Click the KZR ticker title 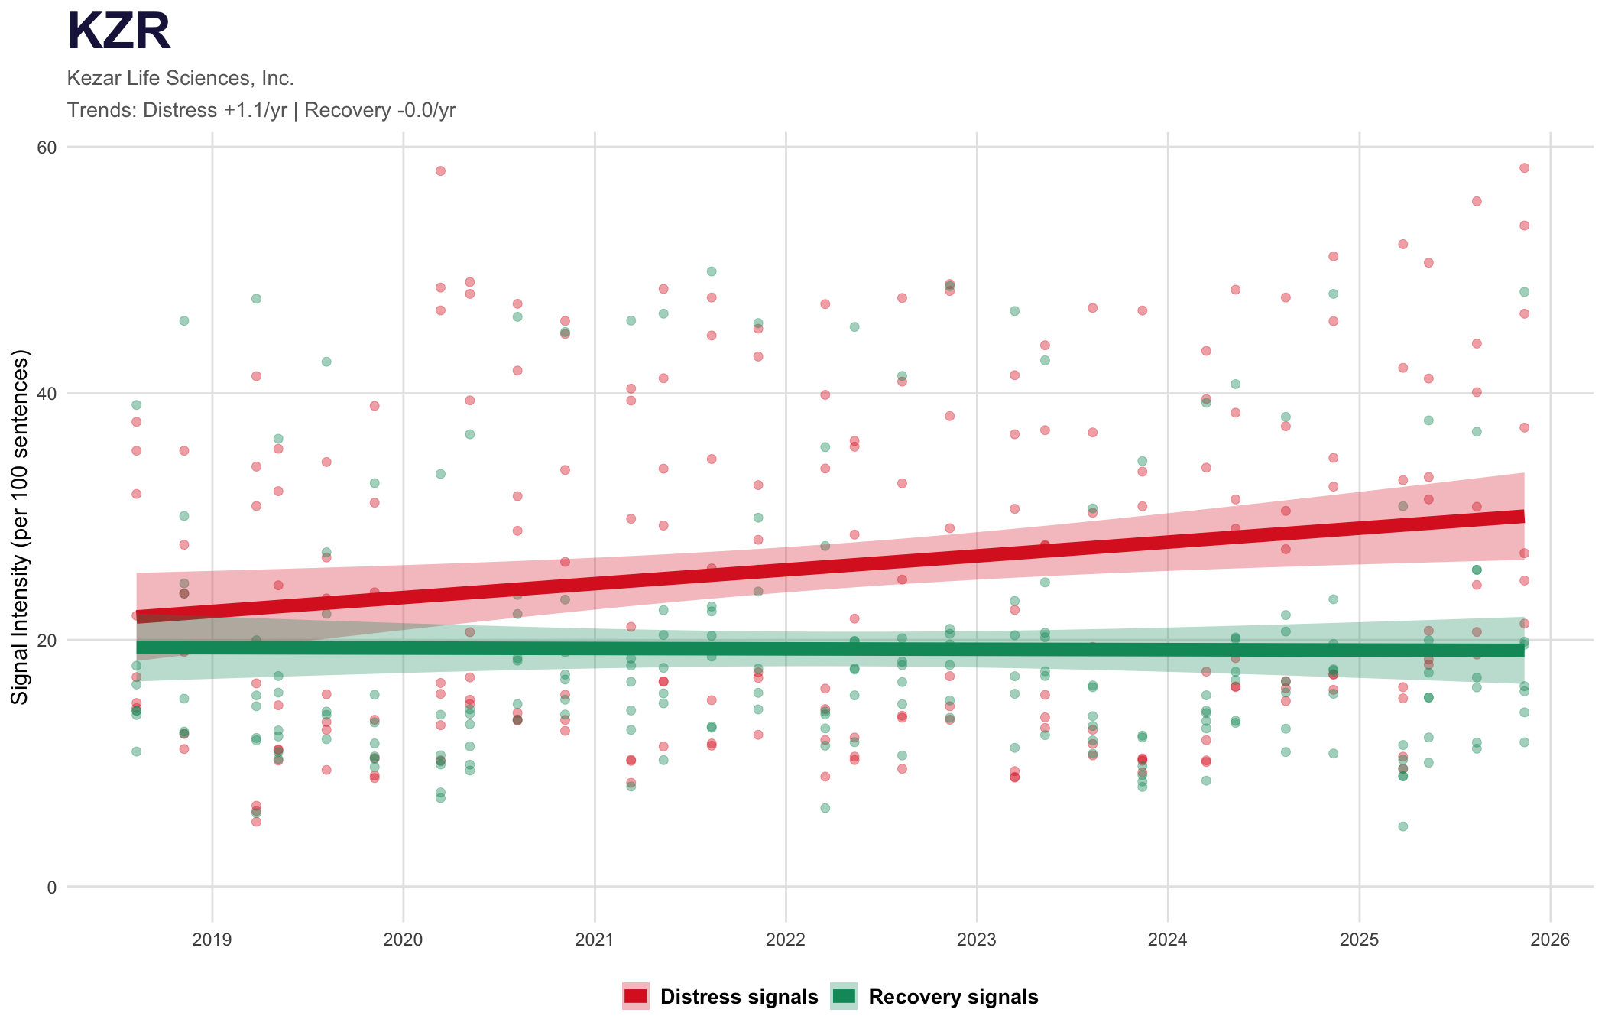pyautogui.click(x=119, y=32)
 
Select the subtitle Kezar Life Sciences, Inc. pyautogui.click(x=180, y=78)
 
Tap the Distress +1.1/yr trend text pyautogui.click(x=215, y=110)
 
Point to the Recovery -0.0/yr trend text pyautogui.click(x=380, y=110)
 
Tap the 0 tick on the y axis pyautogui.click(x=52, y=888)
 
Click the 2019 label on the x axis pyautogui.click(x=212, y=940)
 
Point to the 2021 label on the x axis pyautogui.click(x=595, y=940)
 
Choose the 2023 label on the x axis pyautogui.click(x=977, y=940)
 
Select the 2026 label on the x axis pyautogui.click(x=1550, y=940)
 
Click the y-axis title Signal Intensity pyautogui.click(x=20, y=527)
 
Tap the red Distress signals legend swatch pyautogui.click(x=635, y=996)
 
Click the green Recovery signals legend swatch pyautogui.click(x=844, y=996)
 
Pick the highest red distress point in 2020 pyautogui.click(x=440, y=170)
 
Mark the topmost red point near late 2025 pyautogui.click(x=1524, y=168)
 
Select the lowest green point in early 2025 pyautogui.click(x=1403, y=826)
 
